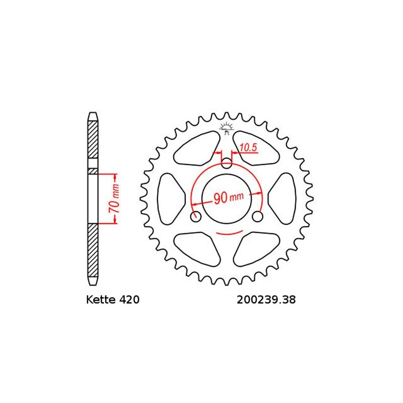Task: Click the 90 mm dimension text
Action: (x=228, y=197)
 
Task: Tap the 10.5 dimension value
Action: (x=248, y=148)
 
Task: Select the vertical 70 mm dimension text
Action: (x=115, y=198)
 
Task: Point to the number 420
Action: (x=127, y=300)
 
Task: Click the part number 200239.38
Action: (x=265, y=300)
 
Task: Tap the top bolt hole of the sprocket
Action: (x=227, y=163)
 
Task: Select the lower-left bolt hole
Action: (x=196, y=217)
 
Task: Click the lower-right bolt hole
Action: (x=257, y=217)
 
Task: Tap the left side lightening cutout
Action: (x=170, y=199)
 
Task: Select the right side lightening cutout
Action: (x=283, y=199)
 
